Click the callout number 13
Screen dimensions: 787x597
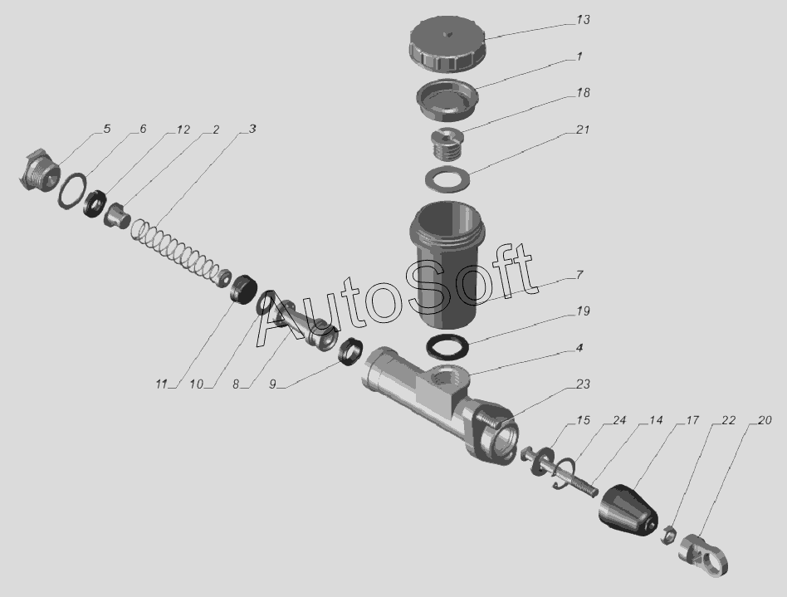[x=583, y=20]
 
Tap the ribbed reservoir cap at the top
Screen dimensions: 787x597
[x=447, y=44]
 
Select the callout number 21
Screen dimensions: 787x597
[x=582, y=130]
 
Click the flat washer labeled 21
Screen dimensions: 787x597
[x=447, y=178]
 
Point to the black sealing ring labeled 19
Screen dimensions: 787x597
[x=447, y=347]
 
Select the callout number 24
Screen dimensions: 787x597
[x=618, y=420]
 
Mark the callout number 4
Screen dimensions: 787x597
[x=579, y=348]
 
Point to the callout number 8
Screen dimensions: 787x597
[x=236, y=384]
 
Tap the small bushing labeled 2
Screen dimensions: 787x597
[x=117, y=215]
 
